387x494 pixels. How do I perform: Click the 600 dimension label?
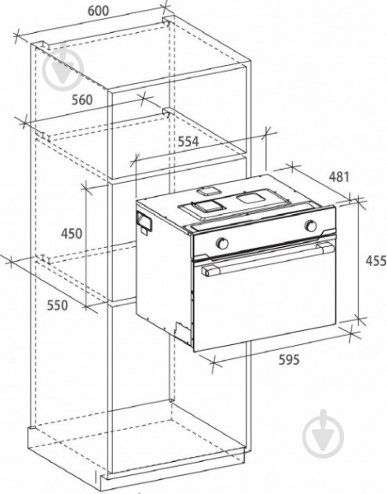[x=98, y=11]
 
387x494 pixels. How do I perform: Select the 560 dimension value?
[x=82, y=100]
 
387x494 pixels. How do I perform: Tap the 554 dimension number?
[x=189, y=142]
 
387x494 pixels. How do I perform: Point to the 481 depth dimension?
[x=339, y=177]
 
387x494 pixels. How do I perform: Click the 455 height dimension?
[x=376, y=261]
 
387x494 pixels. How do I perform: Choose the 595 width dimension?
[x=289, y=360]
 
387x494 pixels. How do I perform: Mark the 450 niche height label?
[x=72, y=234]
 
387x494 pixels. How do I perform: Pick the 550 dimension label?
[x=58, y=305]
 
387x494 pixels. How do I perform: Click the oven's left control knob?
[x=222, y=242]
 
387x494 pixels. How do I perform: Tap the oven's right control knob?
[x=310, y=225]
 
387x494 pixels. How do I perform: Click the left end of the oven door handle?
[x=207, y=270]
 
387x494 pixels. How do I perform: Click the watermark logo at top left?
[x=63, y=70]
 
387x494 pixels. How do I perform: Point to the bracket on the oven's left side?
[x=143, y=221]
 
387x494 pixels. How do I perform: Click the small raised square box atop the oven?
[x=207, y=191]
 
